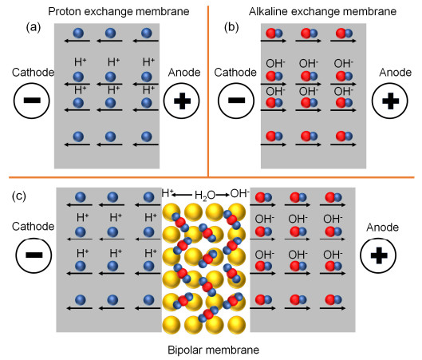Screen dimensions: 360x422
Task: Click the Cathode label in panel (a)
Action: (33, 73)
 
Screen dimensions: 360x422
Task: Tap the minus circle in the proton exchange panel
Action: (33, 102)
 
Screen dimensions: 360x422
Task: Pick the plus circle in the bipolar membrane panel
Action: (379, 256)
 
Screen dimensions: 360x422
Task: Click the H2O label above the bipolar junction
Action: (205, 194)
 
